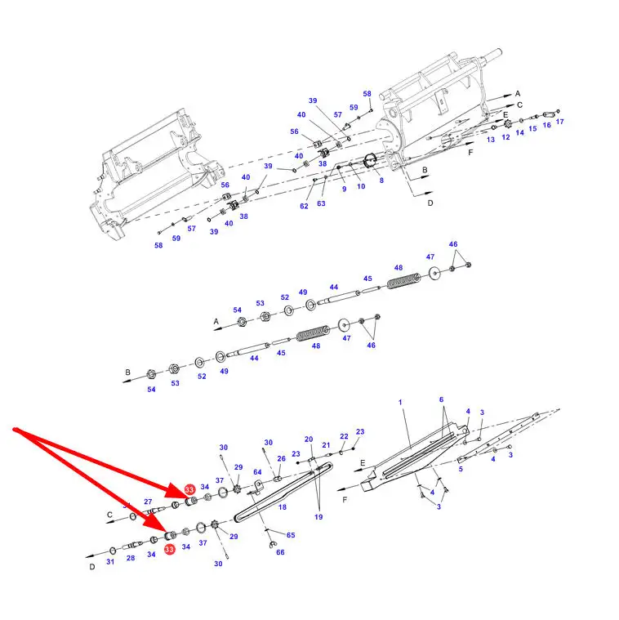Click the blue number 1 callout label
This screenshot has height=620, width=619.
click(x=400, y=402)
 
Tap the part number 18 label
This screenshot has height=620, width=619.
click(x=283, y=507)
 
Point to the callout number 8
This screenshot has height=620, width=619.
click(x=381, y=181)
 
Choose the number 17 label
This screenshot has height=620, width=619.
click(x=559, y=122)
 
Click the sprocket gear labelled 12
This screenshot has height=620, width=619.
click(x=507, y=124)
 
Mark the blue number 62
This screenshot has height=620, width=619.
click(x=304, y=206)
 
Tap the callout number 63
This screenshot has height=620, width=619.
click(x=321, y=203)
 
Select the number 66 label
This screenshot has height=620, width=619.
click(x=280, y=552)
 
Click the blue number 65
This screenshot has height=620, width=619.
click(x=291, y=535)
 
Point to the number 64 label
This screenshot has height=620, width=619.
click(x=257, y=471)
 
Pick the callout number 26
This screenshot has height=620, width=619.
click(x=281, y=458)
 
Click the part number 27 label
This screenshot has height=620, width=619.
click(x=148, y=502)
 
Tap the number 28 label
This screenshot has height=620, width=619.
click(x=131, y=558)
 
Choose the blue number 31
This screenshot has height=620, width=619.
click(x=110, y=561)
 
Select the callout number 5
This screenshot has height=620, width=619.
click(x=461, y=469)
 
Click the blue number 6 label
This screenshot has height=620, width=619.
click(x=442, y=399)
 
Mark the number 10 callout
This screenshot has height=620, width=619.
click(x=361, y=186)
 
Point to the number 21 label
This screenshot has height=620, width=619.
click(x=326, y=445)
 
